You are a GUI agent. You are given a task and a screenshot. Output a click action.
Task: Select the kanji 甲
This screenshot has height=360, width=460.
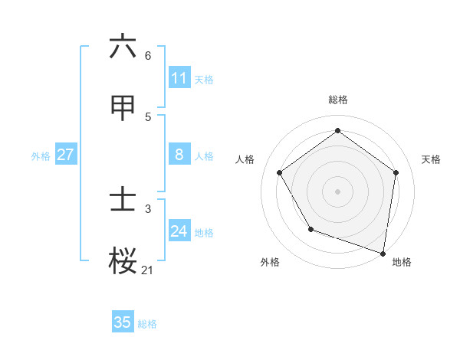tap(123, 108)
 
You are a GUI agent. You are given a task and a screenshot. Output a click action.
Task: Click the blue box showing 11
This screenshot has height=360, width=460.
tap(179, 77)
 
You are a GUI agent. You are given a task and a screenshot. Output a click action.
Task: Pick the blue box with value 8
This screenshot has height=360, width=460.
tap(179, 155)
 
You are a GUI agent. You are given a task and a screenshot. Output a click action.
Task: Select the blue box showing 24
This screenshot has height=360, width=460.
tap(179, 231)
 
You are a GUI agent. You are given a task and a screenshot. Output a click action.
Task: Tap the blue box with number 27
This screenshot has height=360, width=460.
tap(65, 155)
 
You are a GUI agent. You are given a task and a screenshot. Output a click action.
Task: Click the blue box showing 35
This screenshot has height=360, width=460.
tap(123, 322)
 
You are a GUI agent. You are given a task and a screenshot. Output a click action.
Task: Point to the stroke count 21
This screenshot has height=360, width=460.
tap(147, 270)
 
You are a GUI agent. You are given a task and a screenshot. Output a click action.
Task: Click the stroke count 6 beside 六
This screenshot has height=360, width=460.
tap(147, 55)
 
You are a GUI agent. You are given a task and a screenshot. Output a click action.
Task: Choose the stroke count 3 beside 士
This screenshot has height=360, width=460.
tap(147, 208)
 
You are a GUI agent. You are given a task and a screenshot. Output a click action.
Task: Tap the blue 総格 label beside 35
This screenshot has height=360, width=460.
tap(147, 324)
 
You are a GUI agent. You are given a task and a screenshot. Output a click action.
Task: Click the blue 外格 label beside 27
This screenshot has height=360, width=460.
tap(41, 156)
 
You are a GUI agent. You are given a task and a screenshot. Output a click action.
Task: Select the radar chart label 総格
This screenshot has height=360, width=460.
tap(337, 100)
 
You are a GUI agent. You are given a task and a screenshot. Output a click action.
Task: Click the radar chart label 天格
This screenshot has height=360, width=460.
tap(431, 159)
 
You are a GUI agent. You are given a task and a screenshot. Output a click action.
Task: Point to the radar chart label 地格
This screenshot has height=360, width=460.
tap(402, 262)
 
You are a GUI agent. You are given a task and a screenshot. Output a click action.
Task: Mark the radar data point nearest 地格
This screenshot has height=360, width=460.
tap(383, 253)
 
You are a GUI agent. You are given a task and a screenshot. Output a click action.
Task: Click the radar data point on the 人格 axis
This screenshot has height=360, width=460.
tap(279, 172)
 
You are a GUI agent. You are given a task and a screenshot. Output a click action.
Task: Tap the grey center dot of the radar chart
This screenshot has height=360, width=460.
tap(337, 191)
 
